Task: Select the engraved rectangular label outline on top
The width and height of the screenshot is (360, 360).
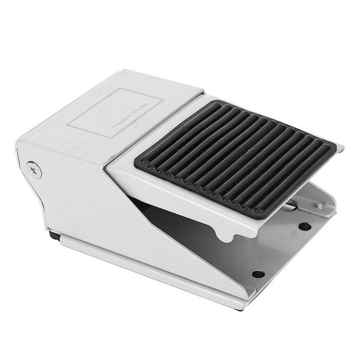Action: [x=115, y=113]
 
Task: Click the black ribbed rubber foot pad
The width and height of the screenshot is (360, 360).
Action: [x=235, y=157]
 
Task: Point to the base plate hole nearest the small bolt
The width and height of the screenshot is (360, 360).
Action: [x=304, y=226]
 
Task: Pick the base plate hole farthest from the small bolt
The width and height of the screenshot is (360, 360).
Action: [x=258, y=274]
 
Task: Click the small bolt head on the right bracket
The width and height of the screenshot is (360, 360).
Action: [x=319, y=205]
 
